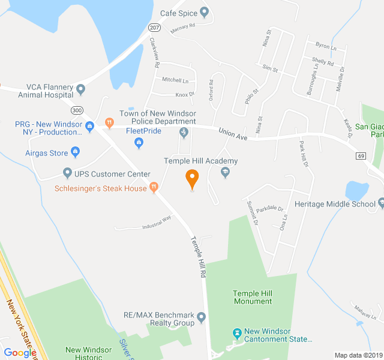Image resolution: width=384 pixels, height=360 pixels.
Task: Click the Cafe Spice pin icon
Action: pyautogui.click(x=204, y=12)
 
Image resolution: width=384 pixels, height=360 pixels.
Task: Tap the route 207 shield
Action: pyautogui.click(x=154, y=27)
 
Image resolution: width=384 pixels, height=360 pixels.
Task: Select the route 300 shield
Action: pyautogui.click(x=76, y=110)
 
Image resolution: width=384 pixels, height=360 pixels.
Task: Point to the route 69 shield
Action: pyautogui.click(x=361, y=156)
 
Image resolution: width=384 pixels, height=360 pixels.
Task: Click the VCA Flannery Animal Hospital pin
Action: pyautogui.click(x=81, y=89)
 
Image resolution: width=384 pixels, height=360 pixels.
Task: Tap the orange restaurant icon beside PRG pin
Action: pyautogui.click(x=109, y=123)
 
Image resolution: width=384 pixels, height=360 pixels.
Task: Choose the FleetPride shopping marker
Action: pyautogui.click(x=139, y=142)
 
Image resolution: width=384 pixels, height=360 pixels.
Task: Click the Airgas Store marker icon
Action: pyautogui.click(x=76, y=152)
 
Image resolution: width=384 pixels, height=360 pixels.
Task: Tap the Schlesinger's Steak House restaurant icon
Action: pyautogui.click(x=154, y=188)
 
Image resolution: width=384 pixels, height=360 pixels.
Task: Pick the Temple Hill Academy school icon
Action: pyautogui.click(x=225, y=173)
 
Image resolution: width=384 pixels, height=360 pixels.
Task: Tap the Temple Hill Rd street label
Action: pyautogui.click(x=199, y=257)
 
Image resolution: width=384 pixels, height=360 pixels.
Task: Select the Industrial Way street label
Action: pyautogui.click(x=157, y=221)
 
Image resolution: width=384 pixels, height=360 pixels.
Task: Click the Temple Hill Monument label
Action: pyautogui.click(x=253, y=297)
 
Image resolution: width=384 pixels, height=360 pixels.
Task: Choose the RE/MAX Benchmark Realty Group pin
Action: pyautogui.click(x=202, y=317)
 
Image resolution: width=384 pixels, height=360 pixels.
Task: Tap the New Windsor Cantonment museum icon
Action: pyautogui.click(x=237, y=332)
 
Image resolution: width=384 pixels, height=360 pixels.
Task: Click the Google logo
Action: pyautogui.click(x=20, y=352)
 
